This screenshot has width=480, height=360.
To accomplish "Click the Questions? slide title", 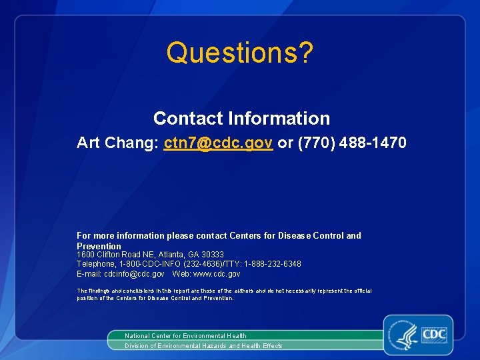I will pyautogui.click(x=239, y=53).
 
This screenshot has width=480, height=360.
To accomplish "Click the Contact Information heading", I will pyautogui.click(x=241, y=119).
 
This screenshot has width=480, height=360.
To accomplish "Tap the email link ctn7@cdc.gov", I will pyautogui.click(x=218, y=143).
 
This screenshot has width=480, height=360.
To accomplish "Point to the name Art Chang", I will pyautogui.click(x=117, y=143).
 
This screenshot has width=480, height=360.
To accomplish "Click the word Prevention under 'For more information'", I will pyautogui.click(x=99, y=246).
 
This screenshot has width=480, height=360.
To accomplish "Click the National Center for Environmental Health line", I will pyautogui.click(x=185, y=336).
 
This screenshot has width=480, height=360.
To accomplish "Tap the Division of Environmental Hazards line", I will pyautogui.click(x=203, y=346).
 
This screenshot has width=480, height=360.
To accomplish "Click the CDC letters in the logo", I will pyautogui.click(x=433, y=333).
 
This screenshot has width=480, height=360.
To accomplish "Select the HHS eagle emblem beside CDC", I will pyautogui.click(x=406, y=335).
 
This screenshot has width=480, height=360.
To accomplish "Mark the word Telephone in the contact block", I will pyautogui.click(x=95, y=264).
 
